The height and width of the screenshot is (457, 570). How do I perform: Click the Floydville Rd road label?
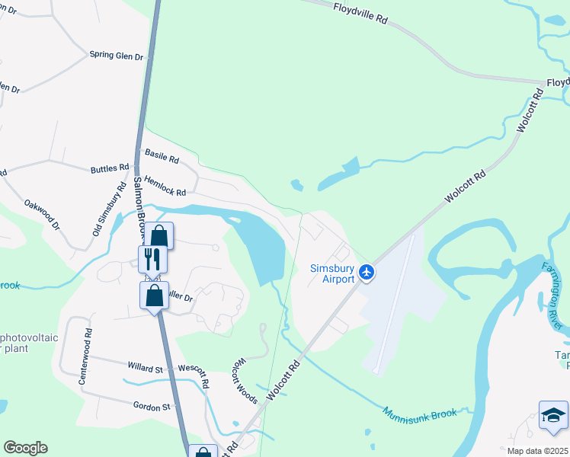pos(360,15)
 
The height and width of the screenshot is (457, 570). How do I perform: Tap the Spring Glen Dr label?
pos(117,56)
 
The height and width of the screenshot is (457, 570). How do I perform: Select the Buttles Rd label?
pos(110,168)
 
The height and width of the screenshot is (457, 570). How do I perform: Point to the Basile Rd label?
pos(161,160)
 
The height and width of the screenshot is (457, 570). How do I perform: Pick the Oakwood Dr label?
pos(42,215)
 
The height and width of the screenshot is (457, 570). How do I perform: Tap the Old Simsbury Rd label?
pos(110,208)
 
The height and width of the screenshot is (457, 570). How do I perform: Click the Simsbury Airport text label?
pos(332,273)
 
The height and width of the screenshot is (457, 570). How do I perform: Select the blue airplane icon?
pos(367,272)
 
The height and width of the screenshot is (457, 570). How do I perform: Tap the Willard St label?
pos(146,369)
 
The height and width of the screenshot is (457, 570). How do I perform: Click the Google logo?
pos(25,448)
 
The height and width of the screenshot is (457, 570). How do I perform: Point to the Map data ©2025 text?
pos(536,451)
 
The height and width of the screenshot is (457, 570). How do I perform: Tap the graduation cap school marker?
pos(553,415)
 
